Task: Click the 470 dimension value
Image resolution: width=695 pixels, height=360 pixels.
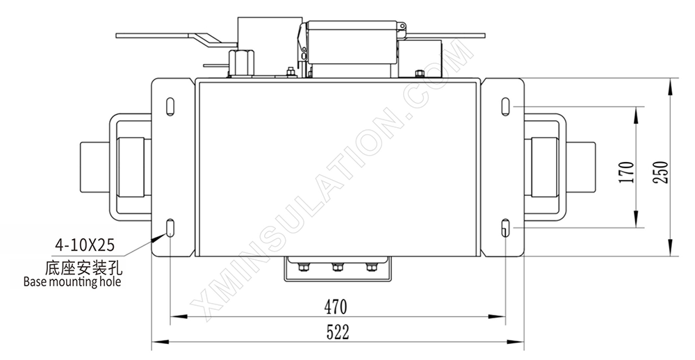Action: [336, 306]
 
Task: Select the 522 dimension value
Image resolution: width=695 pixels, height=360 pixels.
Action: [338, 332]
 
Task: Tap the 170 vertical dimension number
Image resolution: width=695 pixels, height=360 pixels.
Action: [626, 172]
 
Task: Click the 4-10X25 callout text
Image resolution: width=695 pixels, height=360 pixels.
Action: [85, 245]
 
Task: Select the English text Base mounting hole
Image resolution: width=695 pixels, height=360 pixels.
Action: [72, 281]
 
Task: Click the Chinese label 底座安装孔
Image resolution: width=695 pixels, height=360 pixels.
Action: [84, 268]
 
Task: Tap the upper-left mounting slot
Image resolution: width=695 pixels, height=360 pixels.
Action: [170, 107]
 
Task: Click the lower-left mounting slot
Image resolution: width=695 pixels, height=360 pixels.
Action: [170, 228]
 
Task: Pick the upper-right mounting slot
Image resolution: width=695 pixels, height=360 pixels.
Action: [506, 107]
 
